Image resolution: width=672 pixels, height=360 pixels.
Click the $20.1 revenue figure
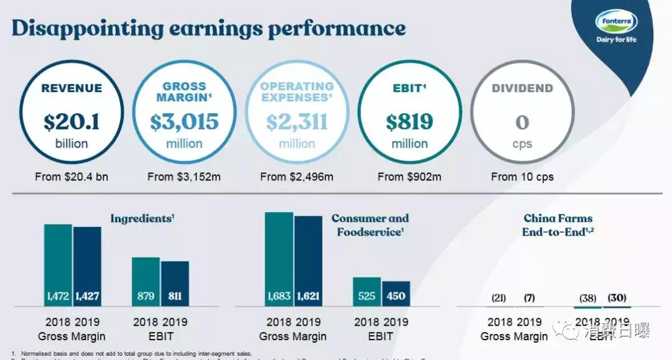[72, 122]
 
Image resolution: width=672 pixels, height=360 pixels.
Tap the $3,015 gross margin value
[184, 122]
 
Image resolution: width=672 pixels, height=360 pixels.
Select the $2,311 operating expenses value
[297, 122]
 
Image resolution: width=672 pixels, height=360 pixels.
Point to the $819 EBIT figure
[409, 122]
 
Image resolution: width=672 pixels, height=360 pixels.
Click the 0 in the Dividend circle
[522, 122]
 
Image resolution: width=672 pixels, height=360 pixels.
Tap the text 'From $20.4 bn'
[72, 177]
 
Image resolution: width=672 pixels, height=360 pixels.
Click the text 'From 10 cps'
[522, 177]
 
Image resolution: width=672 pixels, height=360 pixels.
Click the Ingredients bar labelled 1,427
[87, 267]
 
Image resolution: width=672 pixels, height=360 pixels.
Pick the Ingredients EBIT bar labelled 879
[146, 282]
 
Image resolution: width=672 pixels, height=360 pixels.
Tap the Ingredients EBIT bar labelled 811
[175, 284]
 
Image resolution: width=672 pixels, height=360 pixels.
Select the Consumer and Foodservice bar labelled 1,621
[308, 261]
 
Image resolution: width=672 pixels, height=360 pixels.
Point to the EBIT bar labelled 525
[367, 292]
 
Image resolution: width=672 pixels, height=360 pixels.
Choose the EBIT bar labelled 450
[396, 293]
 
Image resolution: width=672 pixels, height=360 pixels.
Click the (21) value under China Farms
[498, 298]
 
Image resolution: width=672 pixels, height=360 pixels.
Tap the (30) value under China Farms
[617, 298]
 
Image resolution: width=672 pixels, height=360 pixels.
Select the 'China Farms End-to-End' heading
[558, 224]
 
